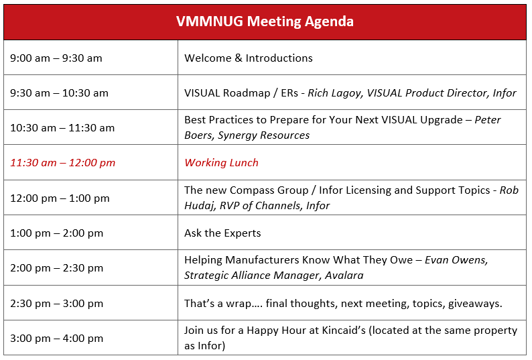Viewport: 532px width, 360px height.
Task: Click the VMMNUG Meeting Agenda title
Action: click(x=265, y=21)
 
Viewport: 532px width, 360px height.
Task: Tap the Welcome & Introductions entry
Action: click(x=249, y=58)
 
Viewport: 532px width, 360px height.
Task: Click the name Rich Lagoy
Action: click(x=334, y=93)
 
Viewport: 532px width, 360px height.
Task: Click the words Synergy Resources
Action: click(x=263, y=135)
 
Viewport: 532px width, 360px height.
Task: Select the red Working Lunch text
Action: click(x=222, y=163)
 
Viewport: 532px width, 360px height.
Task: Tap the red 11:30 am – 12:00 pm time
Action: click(x=63, y=163)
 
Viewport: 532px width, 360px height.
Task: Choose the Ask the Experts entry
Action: click(x=222, y=233)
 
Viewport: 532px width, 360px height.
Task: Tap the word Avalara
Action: click(x=344, y=275)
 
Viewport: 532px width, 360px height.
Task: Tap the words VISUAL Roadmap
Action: click(x=227, y=93)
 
